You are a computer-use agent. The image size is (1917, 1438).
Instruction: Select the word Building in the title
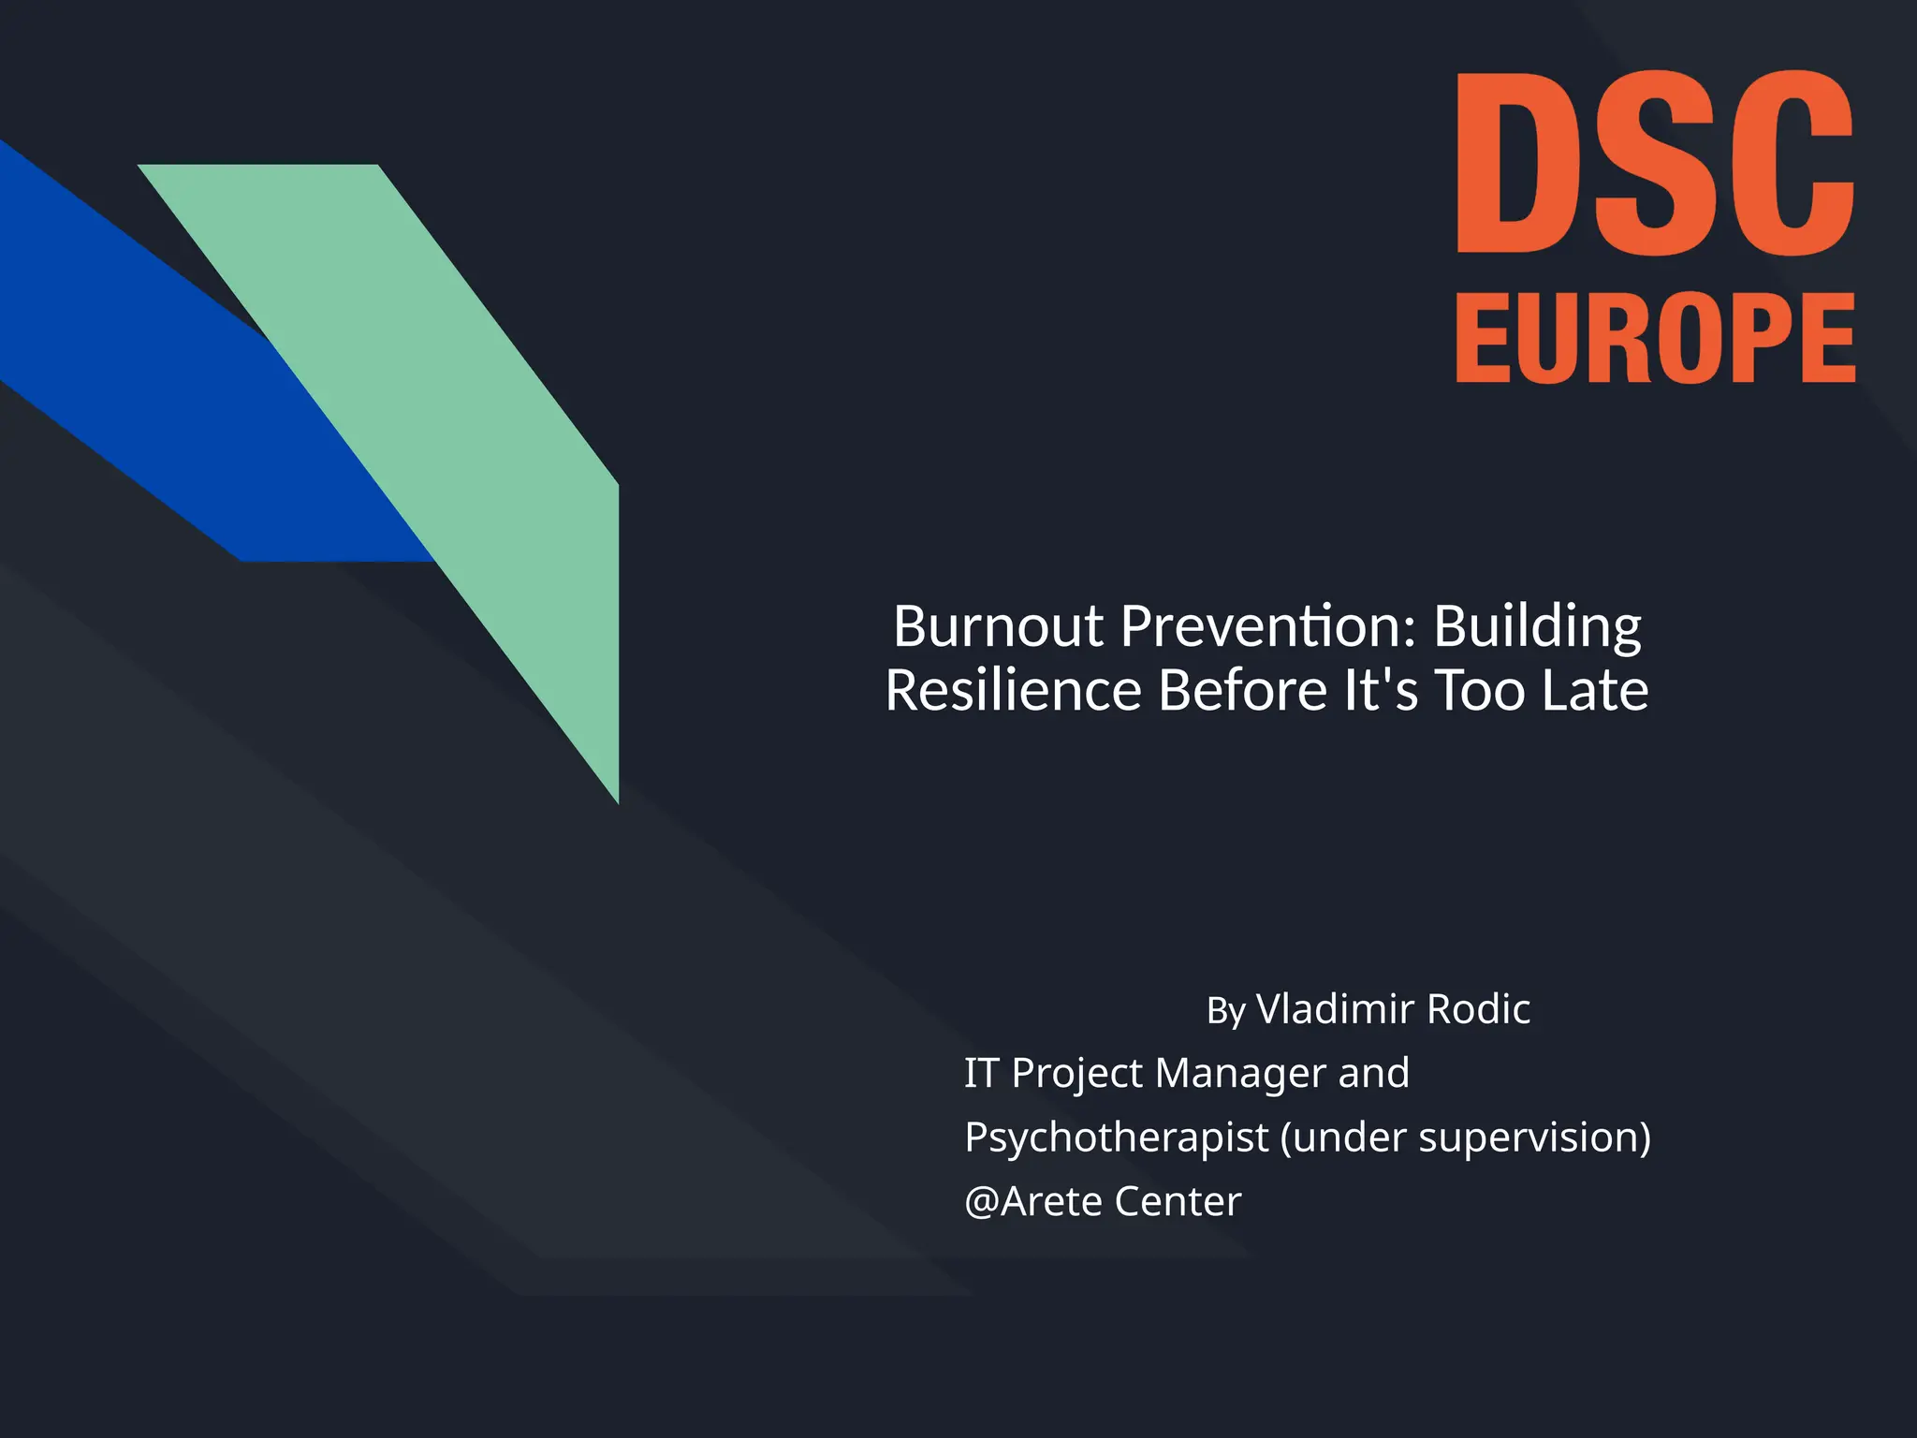click(x=1537, y=627)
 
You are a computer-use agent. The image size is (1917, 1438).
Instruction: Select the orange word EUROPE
click(x=1655, y=337)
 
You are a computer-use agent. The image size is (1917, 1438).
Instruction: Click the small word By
click(x=1226, y=1011)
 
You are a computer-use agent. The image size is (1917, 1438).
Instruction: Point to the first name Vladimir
click(x=1336, y=1009)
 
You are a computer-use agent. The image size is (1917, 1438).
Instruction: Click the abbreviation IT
click(x=982, y=1073)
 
